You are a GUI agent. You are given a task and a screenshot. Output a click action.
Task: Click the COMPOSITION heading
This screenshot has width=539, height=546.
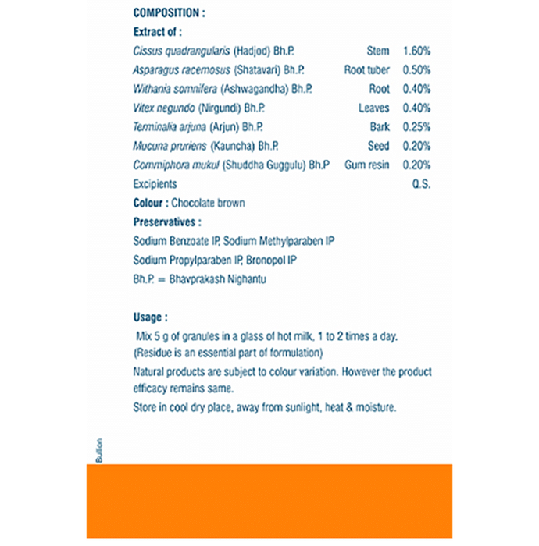(x=170, y=13)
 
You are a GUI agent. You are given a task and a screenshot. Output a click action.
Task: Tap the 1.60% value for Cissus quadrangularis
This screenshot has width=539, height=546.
(x=416, y=51)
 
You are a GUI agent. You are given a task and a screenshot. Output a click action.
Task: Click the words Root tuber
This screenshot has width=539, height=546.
(x=366, y=70)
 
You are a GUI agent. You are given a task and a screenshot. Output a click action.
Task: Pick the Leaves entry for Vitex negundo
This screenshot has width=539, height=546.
(x=373, y=108)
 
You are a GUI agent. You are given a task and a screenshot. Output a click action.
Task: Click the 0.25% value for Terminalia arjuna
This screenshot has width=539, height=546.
(x=416, y=127)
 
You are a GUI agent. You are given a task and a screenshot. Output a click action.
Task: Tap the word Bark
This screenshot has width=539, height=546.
(x=379, y=127)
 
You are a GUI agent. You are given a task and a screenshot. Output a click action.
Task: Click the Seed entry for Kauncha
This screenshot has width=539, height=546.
(x=378, y=146)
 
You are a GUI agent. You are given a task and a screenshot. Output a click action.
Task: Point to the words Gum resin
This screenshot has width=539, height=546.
(x=366, y=165)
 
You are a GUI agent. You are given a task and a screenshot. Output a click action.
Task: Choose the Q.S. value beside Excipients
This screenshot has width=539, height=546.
(x=421, y=184)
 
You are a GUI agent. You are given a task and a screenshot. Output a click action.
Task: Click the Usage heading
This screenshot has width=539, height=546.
(x=150, y=317)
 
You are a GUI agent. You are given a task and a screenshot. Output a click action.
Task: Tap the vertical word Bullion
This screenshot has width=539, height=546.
(x=99, y=450)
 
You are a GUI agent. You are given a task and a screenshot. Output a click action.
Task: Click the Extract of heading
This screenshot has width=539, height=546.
(x=157, y=32)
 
